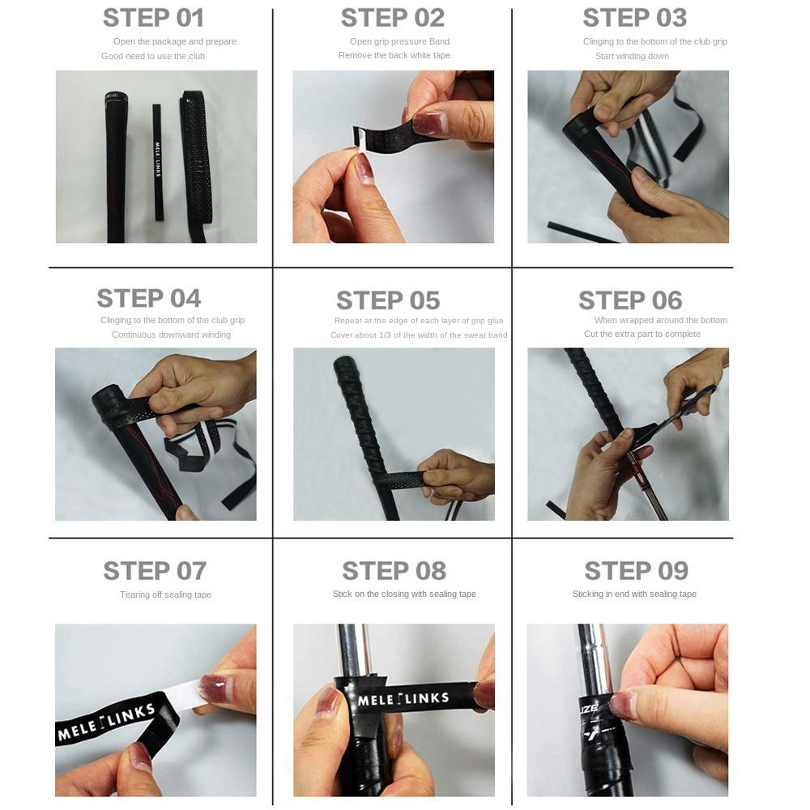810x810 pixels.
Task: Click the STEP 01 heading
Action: pos(153,18)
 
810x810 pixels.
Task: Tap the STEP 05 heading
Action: pos(388,301)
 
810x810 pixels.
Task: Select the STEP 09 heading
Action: pos(636,571)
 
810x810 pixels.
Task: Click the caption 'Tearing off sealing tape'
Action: pos(165,595)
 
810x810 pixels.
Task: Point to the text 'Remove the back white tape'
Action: pos(394,55)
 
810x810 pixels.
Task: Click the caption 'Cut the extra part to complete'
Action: pos(642,334)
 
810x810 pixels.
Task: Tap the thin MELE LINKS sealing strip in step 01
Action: pos(158,162)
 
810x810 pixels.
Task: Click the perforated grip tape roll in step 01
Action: pos(195,162)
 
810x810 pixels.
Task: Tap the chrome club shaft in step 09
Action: pos(593,656)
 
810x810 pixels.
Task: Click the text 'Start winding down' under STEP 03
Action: pos(632,56)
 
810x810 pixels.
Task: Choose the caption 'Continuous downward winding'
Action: pos(171,335)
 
